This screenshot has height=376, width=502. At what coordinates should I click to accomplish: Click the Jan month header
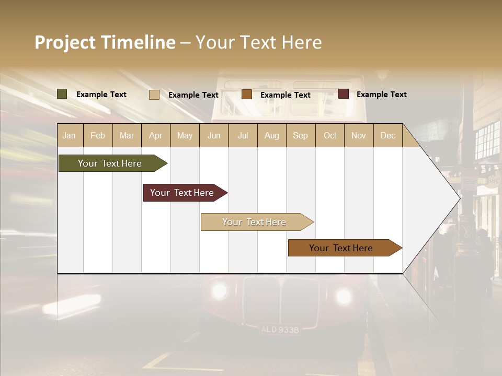click(x=69, y=136)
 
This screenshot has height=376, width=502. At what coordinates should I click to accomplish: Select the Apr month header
click(x=155, y=136)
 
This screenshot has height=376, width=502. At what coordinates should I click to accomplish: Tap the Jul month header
click(x=243, y=136)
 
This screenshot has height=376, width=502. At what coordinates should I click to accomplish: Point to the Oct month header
click(x=330, y=136)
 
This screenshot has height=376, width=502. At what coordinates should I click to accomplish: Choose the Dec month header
click(x=387, y=136)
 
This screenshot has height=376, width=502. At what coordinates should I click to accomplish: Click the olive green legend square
click(x=62, y=94)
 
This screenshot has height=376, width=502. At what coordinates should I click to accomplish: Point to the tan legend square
click(x=154, y=95)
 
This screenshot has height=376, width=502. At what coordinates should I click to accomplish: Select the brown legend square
click(x=247, y=94)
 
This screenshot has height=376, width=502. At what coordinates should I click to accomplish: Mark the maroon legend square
click(x=344, y=94)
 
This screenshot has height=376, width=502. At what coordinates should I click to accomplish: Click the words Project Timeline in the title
click(x=105, y=42)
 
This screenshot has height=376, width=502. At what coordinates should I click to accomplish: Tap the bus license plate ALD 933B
click(x=280, y=330)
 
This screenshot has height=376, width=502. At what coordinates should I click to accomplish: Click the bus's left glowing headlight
click(x=219, y=290)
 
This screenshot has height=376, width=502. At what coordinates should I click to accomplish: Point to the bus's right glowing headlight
click(x=344, y=296)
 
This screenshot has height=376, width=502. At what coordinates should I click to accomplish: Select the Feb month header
click(x=98, y=136)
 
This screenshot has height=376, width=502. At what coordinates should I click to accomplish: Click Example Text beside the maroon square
click(x=382, y=95)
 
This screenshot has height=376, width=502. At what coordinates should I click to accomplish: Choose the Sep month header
click(x=300, y=136)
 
